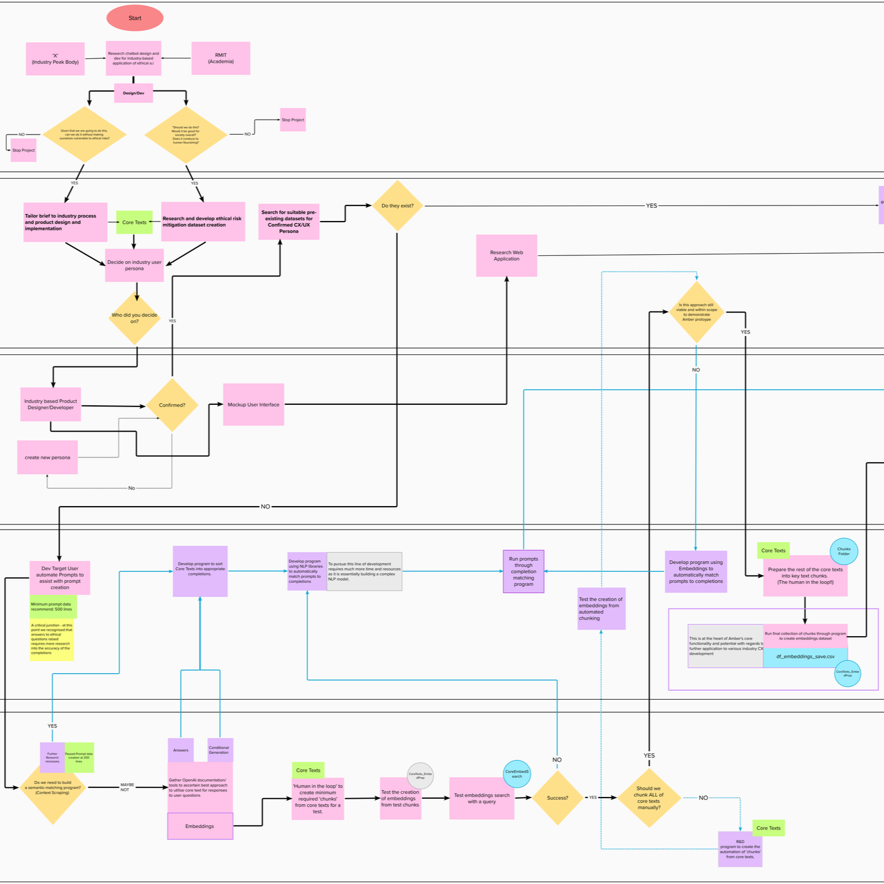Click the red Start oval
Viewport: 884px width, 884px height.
coord(135,18)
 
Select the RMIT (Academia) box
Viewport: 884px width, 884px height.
coord(220,58)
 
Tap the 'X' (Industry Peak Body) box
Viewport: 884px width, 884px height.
coord(55,59)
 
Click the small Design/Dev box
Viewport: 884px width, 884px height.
coord(133,93)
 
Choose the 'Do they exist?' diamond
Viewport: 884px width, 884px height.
coord(397,206)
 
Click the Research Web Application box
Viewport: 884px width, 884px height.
coord(506,255)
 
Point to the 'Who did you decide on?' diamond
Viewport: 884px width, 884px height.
coord(135,318)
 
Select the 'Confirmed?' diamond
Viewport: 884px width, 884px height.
coord(172,405)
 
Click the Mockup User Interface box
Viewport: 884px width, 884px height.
coord(253,404)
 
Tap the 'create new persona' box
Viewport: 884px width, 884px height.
coord(48,457)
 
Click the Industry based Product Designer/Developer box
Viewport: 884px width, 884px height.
coord(50,404)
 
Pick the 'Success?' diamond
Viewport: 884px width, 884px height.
coord(557,798)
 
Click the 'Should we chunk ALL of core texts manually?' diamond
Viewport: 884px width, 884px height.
coord(649,798)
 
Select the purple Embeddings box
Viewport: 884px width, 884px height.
coord(200,826)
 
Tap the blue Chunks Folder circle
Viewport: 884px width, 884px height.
coord(843,551)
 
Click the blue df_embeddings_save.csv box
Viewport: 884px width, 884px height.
coord(805,657)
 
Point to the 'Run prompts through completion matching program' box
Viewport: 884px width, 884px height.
coord(523,571)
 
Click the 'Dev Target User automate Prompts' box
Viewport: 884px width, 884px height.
coord(60,578)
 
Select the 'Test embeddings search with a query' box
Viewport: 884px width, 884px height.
coord(482,798)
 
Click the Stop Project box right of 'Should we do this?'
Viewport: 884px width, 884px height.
coord(293,120)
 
